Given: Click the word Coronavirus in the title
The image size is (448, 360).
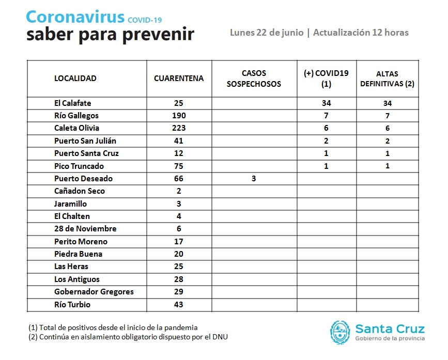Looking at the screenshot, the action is click(75, 17).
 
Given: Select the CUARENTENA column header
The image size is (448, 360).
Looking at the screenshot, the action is click(179, 79).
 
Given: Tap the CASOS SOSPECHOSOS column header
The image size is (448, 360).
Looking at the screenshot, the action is click(254, 79).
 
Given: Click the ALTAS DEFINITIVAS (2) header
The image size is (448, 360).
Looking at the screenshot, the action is click(387, 79).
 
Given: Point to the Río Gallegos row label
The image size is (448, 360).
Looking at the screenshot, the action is click(76, 116).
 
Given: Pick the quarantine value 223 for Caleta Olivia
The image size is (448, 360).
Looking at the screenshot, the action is click(179, 128).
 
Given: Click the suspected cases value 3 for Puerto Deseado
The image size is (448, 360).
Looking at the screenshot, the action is click(254, 179).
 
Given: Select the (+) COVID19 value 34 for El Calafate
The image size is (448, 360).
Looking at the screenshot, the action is click(326, 103).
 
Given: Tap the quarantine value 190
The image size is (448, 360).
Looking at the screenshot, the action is click(179, 116).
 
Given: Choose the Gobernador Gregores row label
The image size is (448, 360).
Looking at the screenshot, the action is click(94, 292).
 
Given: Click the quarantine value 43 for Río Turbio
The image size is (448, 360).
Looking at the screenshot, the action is click(179, 305).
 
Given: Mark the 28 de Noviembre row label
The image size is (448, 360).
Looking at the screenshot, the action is click(85, 229).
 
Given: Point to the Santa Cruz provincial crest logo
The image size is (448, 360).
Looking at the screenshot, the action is click(340, 333).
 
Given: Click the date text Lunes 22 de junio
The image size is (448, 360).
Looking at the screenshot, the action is click(267, 33).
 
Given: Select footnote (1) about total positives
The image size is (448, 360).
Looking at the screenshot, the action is click(113, 327).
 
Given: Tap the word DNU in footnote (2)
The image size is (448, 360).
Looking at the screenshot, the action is click(220, 337).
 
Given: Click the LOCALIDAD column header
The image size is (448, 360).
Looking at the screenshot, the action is click(75, 79).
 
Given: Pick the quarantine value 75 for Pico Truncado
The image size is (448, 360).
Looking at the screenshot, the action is click(179, 166).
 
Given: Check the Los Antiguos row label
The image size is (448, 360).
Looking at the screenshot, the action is click(77, 279).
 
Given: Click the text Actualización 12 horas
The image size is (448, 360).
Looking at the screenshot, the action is click(361, 33).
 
